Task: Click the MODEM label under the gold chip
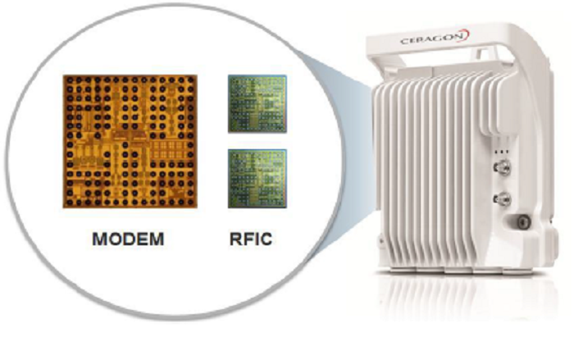[x=128, y=239]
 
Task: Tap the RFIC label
[x=251, y=239]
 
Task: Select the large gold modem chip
[x=130, y=141]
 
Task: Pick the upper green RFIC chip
[x=257, y=104]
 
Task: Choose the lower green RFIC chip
[x=257, y=178]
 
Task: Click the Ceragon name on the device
[x=432, y=39]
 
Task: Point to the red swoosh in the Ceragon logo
[x=466, y=35]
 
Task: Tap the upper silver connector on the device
[x=502, y=167]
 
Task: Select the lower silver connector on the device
[x=502, y=199]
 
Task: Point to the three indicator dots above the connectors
[x=502, y=151]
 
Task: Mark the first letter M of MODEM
[x=100, y=239]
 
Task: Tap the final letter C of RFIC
[x=266, y=239]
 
